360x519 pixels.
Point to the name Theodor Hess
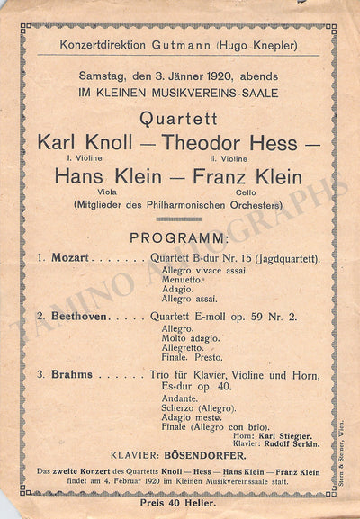point(230,142)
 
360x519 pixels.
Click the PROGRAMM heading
point(179,238)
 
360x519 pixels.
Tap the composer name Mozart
point(69,258)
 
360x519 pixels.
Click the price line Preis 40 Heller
point(179,502)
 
